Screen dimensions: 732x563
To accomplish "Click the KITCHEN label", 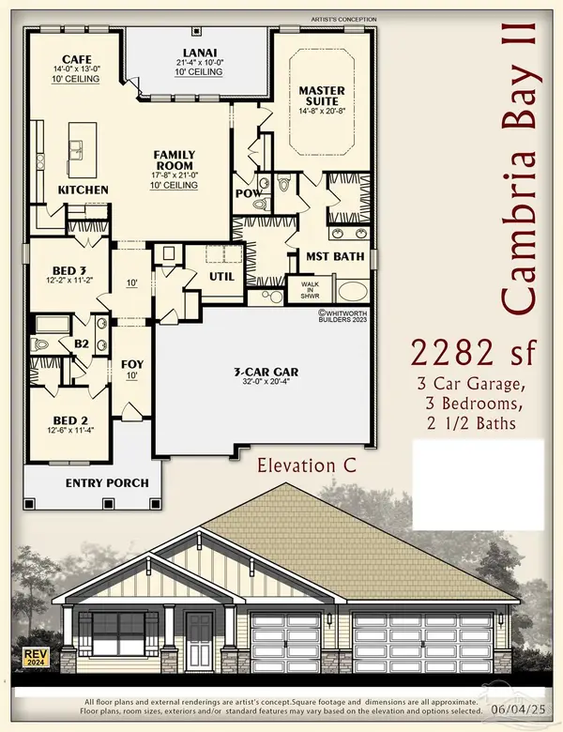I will (84, 191).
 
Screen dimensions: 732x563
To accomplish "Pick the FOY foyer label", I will (131, 364).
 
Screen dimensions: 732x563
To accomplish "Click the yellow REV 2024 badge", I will (33, 655).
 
